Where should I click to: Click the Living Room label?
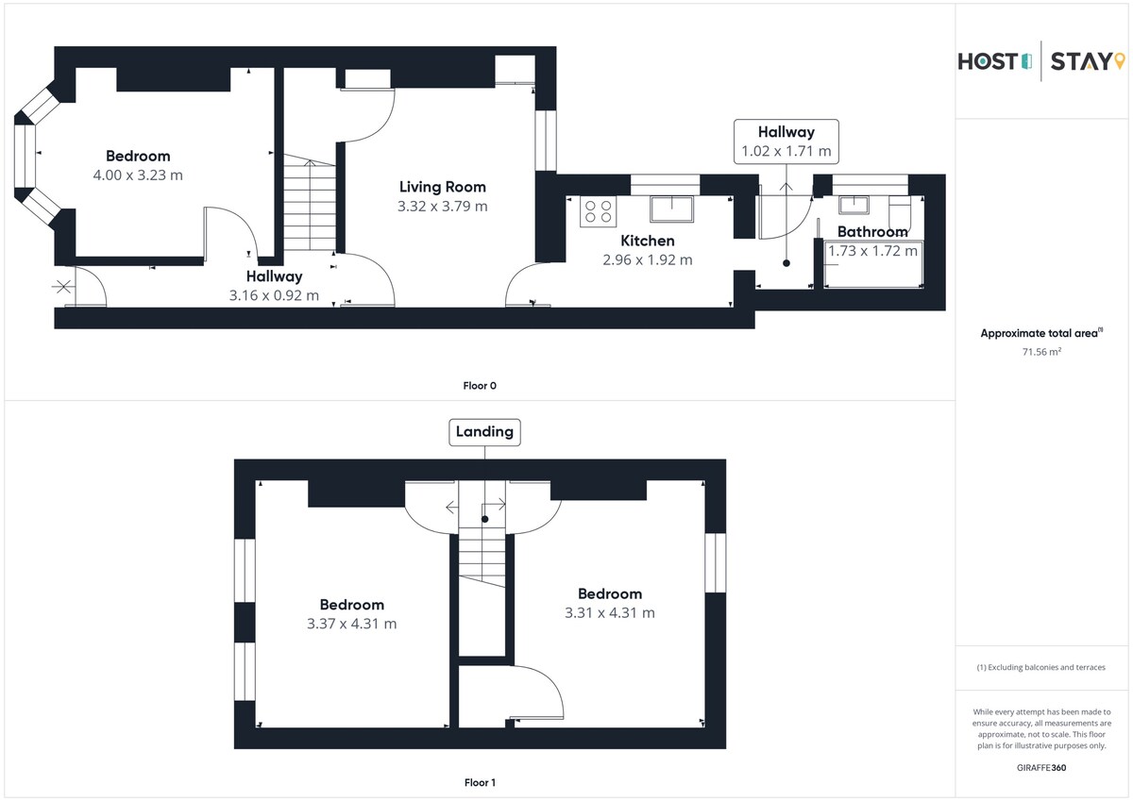(x=443, y=187)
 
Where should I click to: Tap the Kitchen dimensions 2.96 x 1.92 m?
(x=648, y=259)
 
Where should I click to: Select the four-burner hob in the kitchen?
(x=598, y=212)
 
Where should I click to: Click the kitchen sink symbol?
(x=671, y=209)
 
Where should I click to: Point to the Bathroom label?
(x=872, y=231)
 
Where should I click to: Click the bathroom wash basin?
(x=854, y=205)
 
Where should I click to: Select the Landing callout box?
(x=484, y=432)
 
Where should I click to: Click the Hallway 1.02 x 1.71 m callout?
(x=786, y=142)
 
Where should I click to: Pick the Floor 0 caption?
(x=480, y=386)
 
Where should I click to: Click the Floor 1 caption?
(x=480, y=782)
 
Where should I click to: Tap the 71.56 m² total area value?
(x=1041, y=351)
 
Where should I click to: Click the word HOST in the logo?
(x=988, y=61)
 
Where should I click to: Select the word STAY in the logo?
(x=1081, y=61)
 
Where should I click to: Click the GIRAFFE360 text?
(x=1041, y=768)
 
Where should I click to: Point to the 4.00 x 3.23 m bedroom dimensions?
(x=138, y=175)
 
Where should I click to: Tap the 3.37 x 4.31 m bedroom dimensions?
(x=351, y=624)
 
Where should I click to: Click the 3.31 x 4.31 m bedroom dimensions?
(x=610, y=612)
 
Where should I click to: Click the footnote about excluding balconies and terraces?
(x=1040, y=667)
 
